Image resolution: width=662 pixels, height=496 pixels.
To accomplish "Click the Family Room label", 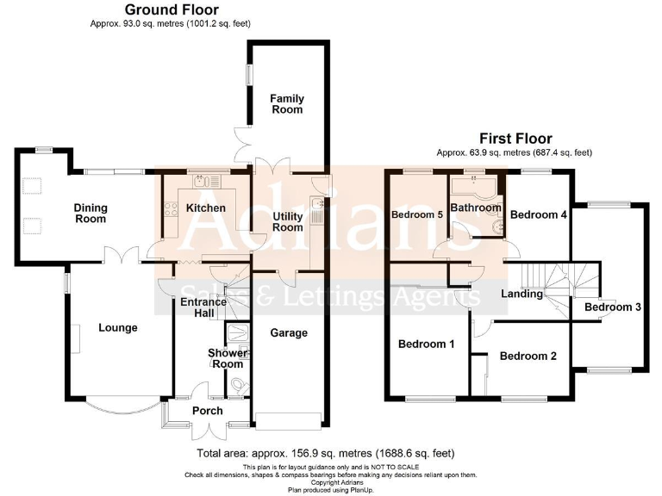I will pyautogui.click(x=287, y=104).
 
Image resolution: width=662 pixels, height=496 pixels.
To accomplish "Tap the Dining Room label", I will pyautogui.click(x=90, y=213).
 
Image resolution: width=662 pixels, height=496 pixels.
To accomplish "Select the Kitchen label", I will pyautogui.click(x=206, y=208).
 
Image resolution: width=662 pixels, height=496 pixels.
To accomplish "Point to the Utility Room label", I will pyautogui.click(x=287, y=221).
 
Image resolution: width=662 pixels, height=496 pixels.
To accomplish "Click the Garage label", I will pyautogui.click(x=289, y=333).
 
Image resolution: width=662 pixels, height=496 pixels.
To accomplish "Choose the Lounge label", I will pyautogui.click(x=117, y=327).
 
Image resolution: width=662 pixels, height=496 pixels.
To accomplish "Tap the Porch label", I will pyautogui.click(x=207, y=411).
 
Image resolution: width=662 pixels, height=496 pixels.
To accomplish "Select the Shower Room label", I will pyautogui.click(x=228, y=358).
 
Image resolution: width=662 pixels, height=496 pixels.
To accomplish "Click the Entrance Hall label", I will pyautogui.click(x=203, y=307).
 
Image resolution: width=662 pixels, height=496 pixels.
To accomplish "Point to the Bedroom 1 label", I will pyautogui.click(x=426, y=344).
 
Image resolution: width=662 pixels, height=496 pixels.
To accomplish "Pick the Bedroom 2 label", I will pyautogui.click(x=528, y=356).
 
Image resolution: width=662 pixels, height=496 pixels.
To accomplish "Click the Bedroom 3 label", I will pyautogui.click(x=612, y=307).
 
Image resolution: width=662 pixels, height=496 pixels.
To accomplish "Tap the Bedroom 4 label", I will pyautogui.click(x=538, y=214).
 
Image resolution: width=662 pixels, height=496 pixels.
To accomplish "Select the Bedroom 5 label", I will pyautogui.click(x=417, y=214).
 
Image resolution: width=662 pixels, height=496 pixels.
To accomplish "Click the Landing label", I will pyautogui.click(x=522, y=294).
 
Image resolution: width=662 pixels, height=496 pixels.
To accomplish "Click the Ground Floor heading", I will pyautogui.click(x=171, y=10).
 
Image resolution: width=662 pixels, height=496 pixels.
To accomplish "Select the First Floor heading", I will pyautogui.click(x=515, y=138).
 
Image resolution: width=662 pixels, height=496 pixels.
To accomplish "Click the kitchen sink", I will pyautogui.click(x=205, y=181).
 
